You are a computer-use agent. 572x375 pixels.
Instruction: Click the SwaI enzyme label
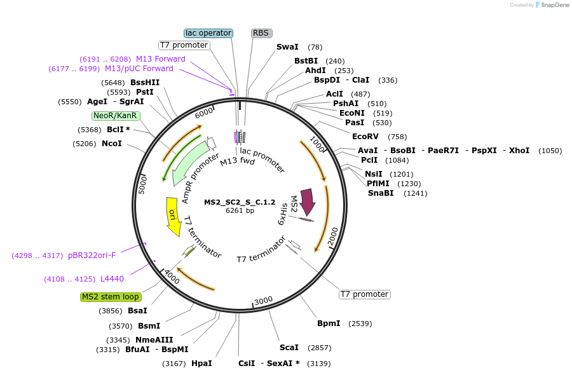287,47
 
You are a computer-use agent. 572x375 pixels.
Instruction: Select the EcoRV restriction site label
365,137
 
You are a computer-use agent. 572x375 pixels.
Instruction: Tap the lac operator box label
208,33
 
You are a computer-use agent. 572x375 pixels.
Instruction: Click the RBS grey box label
261,33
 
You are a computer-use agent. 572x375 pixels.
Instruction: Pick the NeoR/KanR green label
114,116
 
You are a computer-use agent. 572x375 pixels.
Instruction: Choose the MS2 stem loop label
111,297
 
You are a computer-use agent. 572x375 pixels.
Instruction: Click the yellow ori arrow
172,216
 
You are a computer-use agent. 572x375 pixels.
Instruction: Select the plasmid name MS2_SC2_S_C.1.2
240,202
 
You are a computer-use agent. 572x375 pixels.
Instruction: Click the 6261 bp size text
240,210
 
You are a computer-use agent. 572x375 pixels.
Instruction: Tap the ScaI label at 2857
289,348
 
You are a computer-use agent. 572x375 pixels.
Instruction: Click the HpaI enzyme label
201,364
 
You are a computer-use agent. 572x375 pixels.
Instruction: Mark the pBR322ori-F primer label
92,256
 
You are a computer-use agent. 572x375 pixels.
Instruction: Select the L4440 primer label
112,279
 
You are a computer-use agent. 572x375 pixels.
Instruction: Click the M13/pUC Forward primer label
139,69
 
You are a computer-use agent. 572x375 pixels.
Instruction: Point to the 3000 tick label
263,301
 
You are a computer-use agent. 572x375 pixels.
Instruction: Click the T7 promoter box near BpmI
364,294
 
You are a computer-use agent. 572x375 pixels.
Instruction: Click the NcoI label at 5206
112,144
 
